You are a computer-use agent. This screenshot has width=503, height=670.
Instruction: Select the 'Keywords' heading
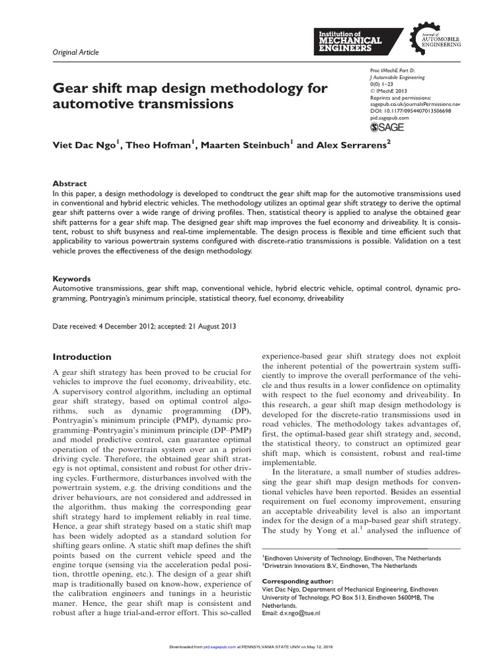point(72,278)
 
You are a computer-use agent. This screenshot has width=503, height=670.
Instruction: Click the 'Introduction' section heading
point(82,357)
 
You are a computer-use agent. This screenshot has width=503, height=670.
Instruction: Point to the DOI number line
point(406,112)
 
